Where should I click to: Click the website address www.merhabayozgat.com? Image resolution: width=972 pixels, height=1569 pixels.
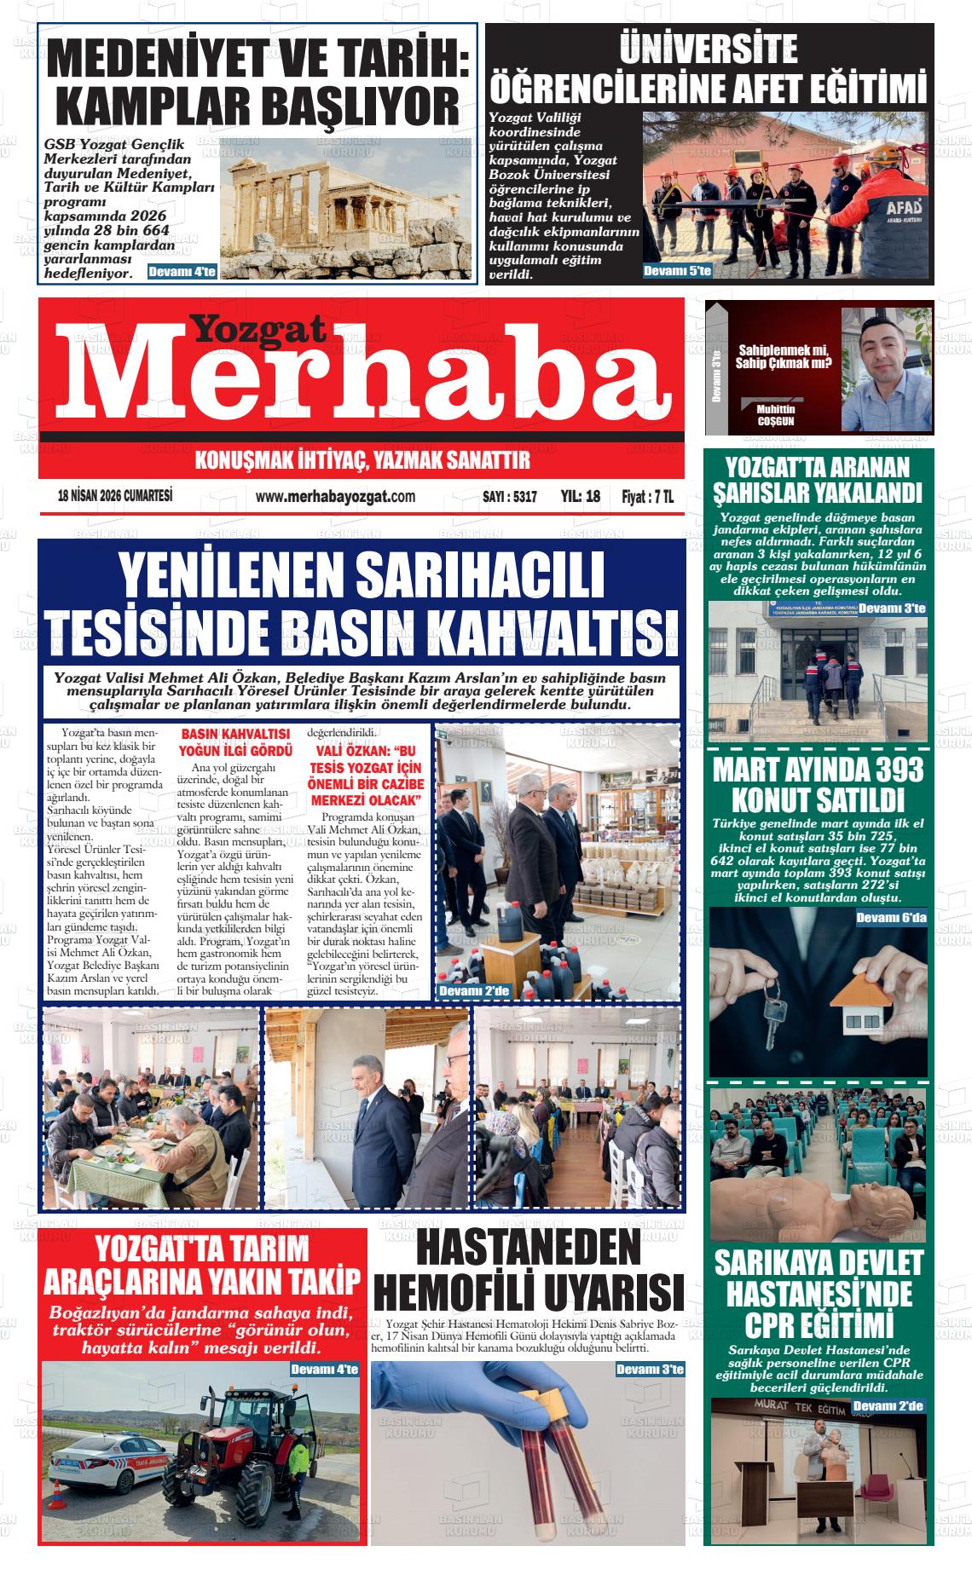[335, 497]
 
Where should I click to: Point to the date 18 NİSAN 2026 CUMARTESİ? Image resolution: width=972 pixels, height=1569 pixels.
[115, 496]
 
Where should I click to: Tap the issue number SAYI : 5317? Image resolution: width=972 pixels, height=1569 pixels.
[509, 497]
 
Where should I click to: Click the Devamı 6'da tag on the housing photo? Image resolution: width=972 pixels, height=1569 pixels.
[890, 917]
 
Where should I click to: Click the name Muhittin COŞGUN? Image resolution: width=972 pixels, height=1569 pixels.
[775, 415]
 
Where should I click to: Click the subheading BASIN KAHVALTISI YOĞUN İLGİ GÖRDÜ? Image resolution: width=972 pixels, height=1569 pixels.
[235, 742]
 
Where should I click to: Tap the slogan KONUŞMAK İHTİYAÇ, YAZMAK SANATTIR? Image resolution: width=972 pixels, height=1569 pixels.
[362, 461]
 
